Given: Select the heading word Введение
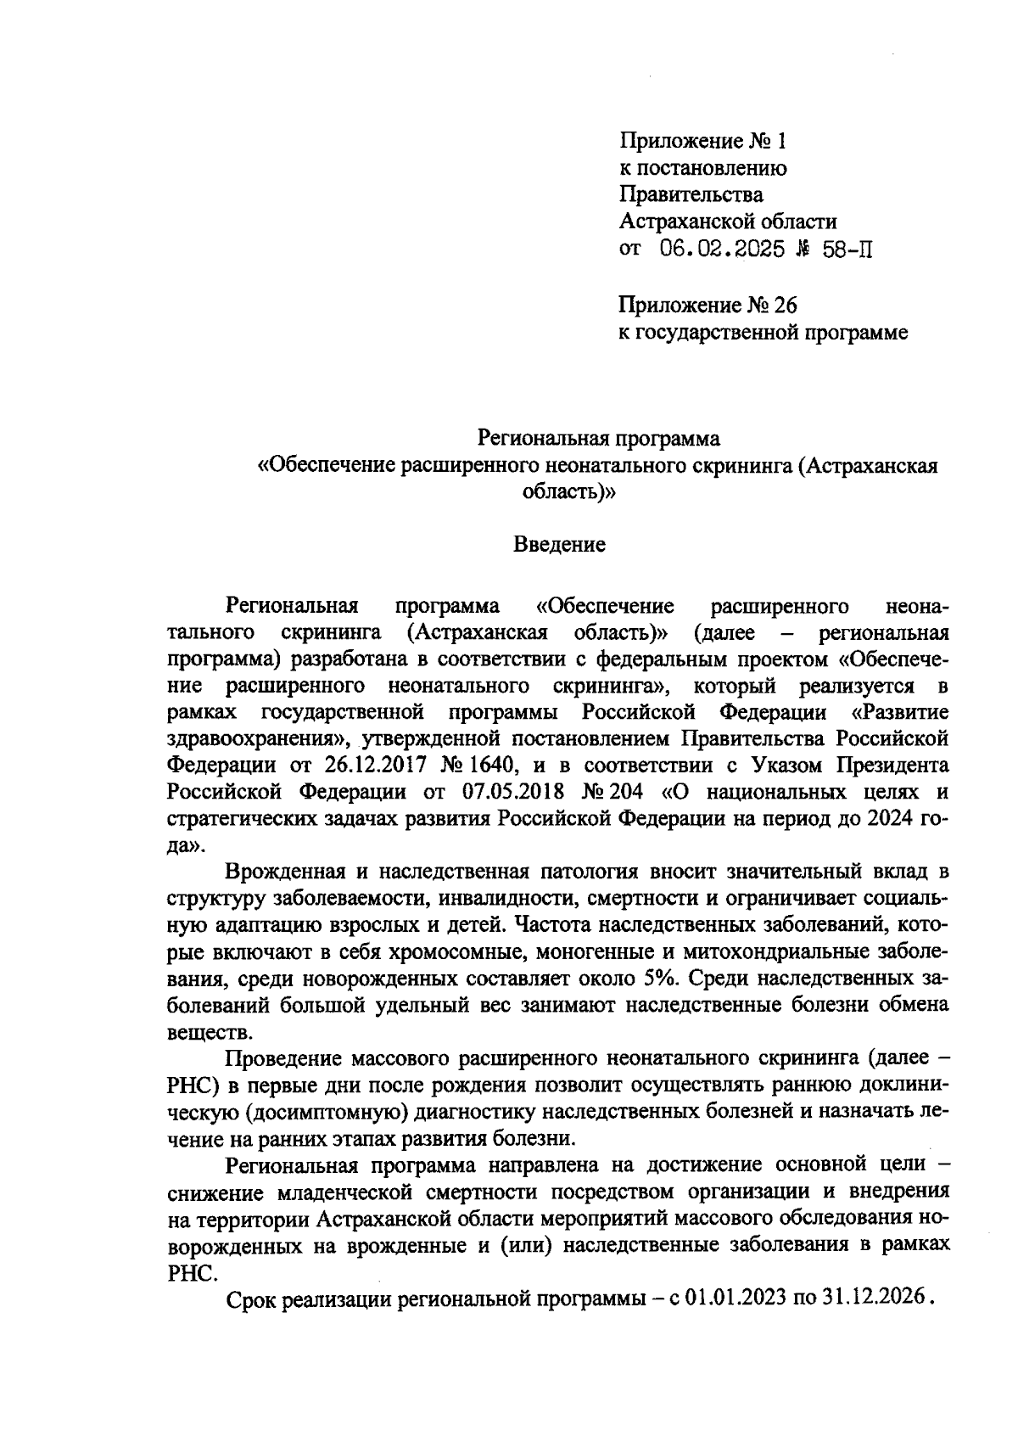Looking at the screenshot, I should [559, 545].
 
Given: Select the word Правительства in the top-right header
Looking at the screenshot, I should [691, 194].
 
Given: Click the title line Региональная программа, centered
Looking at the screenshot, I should [598, 439].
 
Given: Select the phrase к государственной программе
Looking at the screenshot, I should [763, 333].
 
